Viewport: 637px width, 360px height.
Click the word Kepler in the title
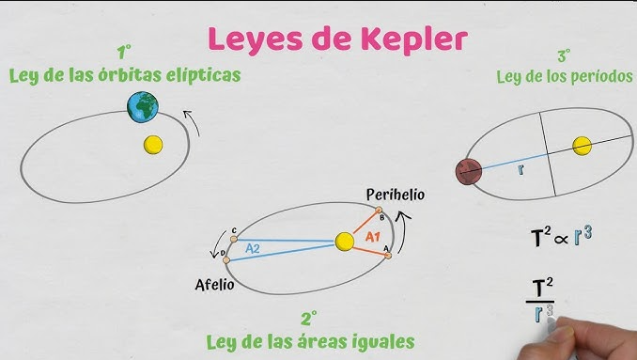tap(412, 39)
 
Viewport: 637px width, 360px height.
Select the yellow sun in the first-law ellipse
tap(152, 145)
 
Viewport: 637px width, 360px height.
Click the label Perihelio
tap(396, 195)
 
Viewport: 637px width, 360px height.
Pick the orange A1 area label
tap(373, 236)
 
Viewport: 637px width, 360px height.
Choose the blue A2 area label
tap(253, 249)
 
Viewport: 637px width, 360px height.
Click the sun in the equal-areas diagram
tap(345, 243)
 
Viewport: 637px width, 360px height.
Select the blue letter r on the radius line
tap(520, 170)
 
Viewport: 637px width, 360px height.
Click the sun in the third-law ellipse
tap(583, 146)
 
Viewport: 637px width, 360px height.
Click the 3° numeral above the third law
tap(564, 56)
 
